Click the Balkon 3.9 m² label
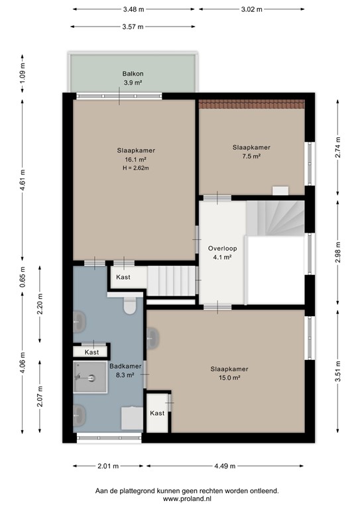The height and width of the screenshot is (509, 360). (x=133, y=78)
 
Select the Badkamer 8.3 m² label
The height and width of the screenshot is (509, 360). (x=121, y=370)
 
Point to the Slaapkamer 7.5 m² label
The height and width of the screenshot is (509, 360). (x=251, y=152)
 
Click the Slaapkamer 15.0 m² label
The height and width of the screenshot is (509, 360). (x=229, y=373)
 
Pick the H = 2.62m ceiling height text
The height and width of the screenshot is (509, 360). (x=135, y=168)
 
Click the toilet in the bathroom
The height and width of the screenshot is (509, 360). (x=129, y=306)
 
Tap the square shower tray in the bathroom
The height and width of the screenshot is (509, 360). (x=90, y=378)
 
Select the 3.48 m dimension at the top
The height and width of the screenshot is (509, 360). (x=133, y=9)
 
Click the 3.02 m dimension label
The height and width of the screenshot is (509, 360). (x=251, y=9)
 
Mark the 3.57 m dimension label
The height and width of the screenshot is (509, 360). (x=133, y=27)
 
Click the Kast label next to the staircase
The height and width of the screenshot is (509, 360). (x=123, y=277)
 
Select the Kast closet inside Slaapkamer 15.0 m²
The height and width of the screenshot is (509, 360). (x=157, y=412)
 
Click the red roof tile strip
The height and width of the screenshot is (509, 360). (x=252, y=103)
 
